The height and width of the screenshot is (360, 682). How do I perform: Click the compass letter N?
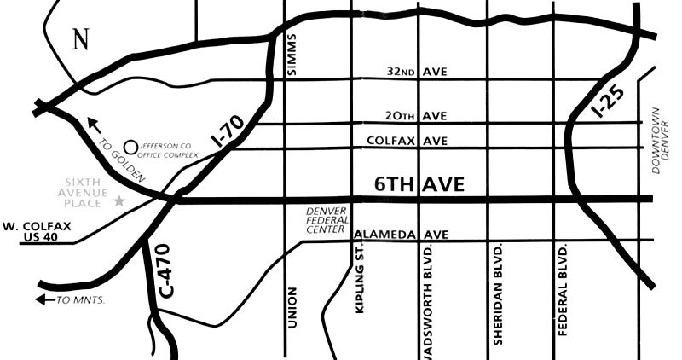click(x=81, y=39)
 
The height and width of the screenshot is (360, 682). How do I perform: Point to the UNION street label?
click(x=292, y=308)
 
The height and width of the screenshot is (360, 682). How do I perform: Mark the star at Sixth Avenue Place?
click(x=118, y=200)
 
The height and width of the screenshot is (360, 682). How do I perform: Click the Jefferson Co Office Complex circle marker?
click(x=131, y=147)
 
